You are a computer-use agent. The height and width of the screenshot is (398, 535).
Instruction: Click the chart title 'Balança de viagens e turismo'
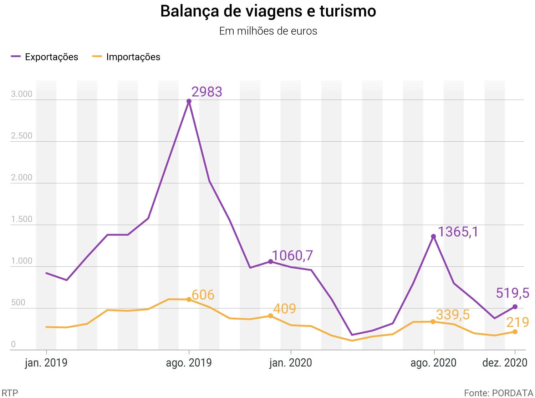[268, 11]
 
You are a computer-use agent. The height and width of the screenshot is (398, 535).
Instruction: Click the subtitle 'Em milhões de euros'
[268, 31]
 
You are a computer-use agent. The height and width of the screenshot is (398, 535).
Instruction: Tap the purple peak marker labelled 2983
[189, 101]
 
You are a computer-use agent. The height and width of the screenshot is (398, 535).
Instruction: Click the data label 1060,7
[292, 256]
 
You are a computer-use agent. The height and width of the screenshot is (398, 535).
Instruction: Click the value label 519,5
[513, 293]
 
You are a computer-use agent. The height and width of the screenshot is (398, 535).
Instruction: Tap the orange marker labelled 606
[189, 299]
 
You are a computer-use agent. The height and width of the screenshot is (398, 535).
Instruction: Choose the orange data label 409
[285, 309]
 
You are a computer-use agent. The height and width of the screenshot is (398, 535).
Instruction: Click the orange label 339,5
[453, 315]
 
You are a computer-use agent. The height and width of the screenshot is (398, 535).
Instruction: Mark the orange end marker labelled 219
[515, 332]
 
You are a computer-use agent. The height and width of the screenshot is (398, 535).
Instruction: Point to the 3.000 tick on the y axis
[21, 94]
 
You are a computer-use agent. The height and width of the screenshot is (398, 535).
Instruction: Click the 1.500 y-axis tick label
[21, 219]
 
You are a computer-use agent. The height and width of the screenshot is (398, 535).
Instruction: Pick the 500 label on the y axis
[18, 303]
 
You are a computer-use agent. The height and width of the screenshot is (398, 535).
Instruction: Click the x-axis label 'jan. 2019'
[46, 363]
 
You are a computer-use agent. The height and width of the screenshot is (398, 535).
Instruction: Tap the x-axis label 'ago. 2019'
[189, 363]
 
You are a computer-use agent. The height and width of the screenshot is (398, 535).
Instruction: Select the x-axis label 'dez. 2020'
[505, 363]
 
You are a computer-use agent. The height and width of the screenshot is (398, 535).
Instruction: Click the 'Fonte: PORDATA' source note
[498, 393]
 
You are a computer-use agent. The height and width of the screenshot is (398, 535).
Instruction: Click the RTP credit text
[10, 393]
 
